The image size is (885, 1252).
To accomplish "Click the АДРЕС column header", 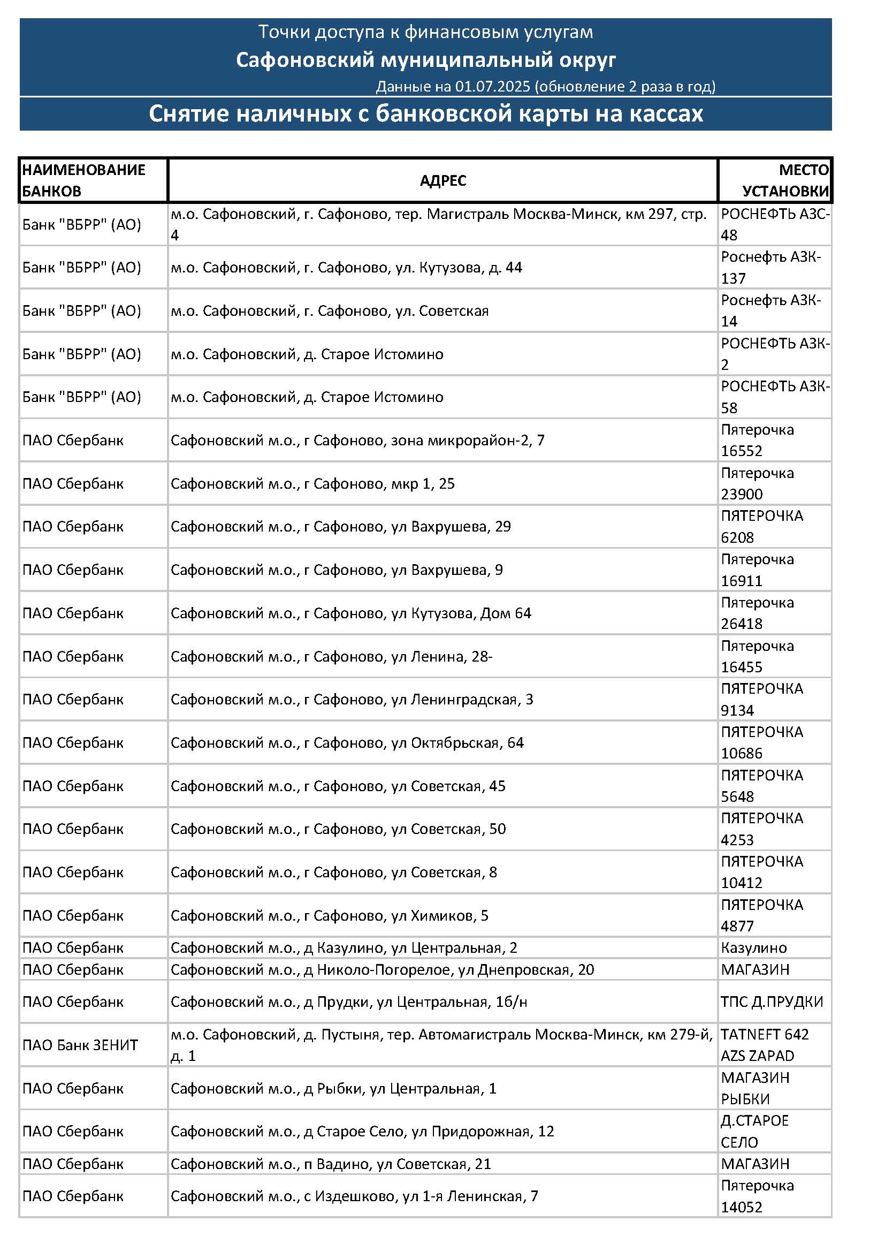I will point(442,180).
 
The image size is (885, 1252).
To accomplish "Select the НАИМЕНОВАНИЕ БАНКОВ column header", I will point(83,180).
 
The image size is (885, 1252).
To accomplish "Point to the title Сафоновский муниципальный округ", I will point(425,59).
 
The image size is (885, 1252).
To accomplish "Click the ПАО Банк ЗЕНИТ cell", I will point(80,1045).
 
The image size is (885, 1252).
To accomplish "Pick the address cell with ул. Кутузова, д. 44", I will point(346,267).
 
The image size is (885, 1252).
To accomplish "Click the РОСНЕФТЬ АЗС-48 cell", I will point(774,224).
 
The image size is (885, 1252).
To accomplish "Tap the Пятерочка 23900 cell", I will point(757,484).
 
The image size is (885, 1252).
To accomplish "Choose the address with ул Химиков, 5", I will point(329,915).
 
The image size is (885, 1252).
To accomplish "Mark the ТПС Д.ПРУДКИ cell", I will point(772,1001).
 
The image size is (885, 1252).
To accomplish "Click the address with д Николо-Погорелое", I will point(382,969).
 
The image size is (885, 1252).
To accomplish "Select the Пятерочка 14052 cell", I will point(757,1196).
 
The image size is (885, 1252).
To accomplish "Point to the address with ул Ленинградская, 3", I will point(352,700).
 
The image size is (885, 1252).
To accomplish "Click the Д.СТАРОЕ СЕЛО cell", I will point(754,1131).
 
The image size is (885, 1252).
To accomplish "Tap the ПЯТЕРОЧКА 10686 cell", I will point(762,743).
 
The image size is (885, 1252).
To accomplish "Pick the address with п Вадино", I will point(331,1164).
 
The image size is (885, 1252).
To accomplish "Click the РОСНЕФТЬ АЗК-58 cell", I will point(774,397).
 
